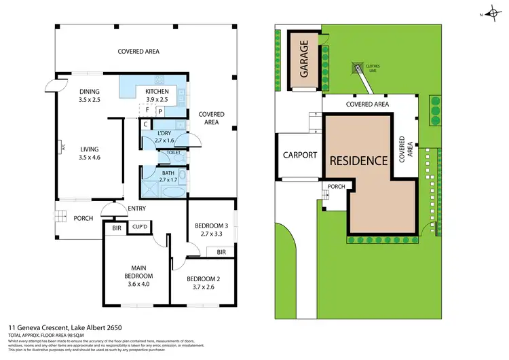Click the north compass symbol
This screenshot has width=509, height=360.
tap(491, 14)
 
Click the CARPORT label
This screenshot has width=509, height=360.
tap(299, 155)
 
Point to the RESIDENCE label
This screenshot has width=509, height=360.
tap(359, 161)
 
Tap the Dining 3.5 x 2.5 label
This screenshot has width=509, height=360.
tap(90, 95)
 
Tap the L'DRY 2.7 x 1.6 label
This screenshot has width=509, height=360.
tap(166, 136)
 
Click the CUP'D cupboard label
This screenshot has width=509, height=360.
tap(140, 227)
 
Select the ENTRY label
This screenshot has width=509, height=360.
tap(137, 209)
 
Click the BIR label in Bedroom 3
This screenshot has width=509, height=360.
tap(221, 252)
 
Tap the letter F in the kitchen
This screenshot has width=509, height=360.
tap(147, 109)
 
